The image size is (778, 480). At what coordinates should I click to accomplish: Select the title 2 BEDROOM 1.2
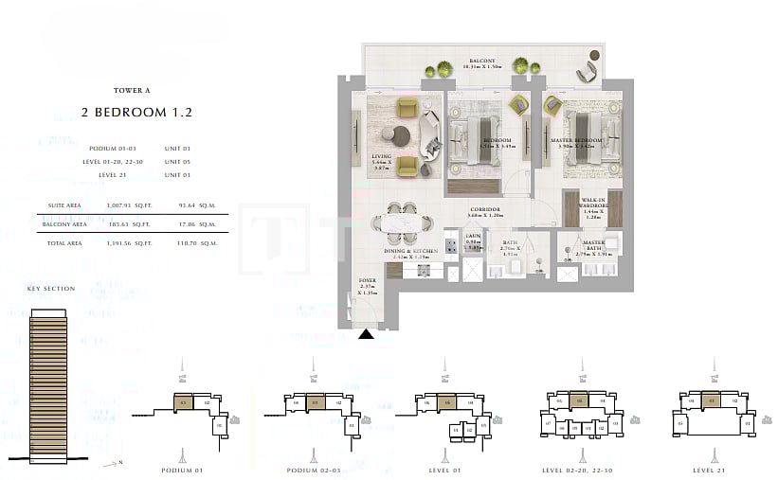[136, 112]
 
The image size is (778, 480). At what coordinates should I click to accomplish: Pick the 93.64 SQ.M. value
[192, 204]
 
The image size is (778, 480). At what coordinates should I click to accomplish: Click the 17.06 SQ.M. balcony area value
[192, 224]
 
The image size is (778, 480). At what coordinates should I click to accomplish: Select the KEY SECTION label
[51, 288]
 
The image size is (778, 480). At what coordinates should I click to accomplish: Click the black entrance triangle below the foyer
[365, 332]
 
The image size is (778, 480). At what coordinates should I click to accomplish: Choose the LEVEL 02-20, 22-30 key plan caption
[578, 470]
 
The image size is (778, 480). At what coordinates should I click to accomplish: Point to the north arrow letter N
[121, 463]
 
